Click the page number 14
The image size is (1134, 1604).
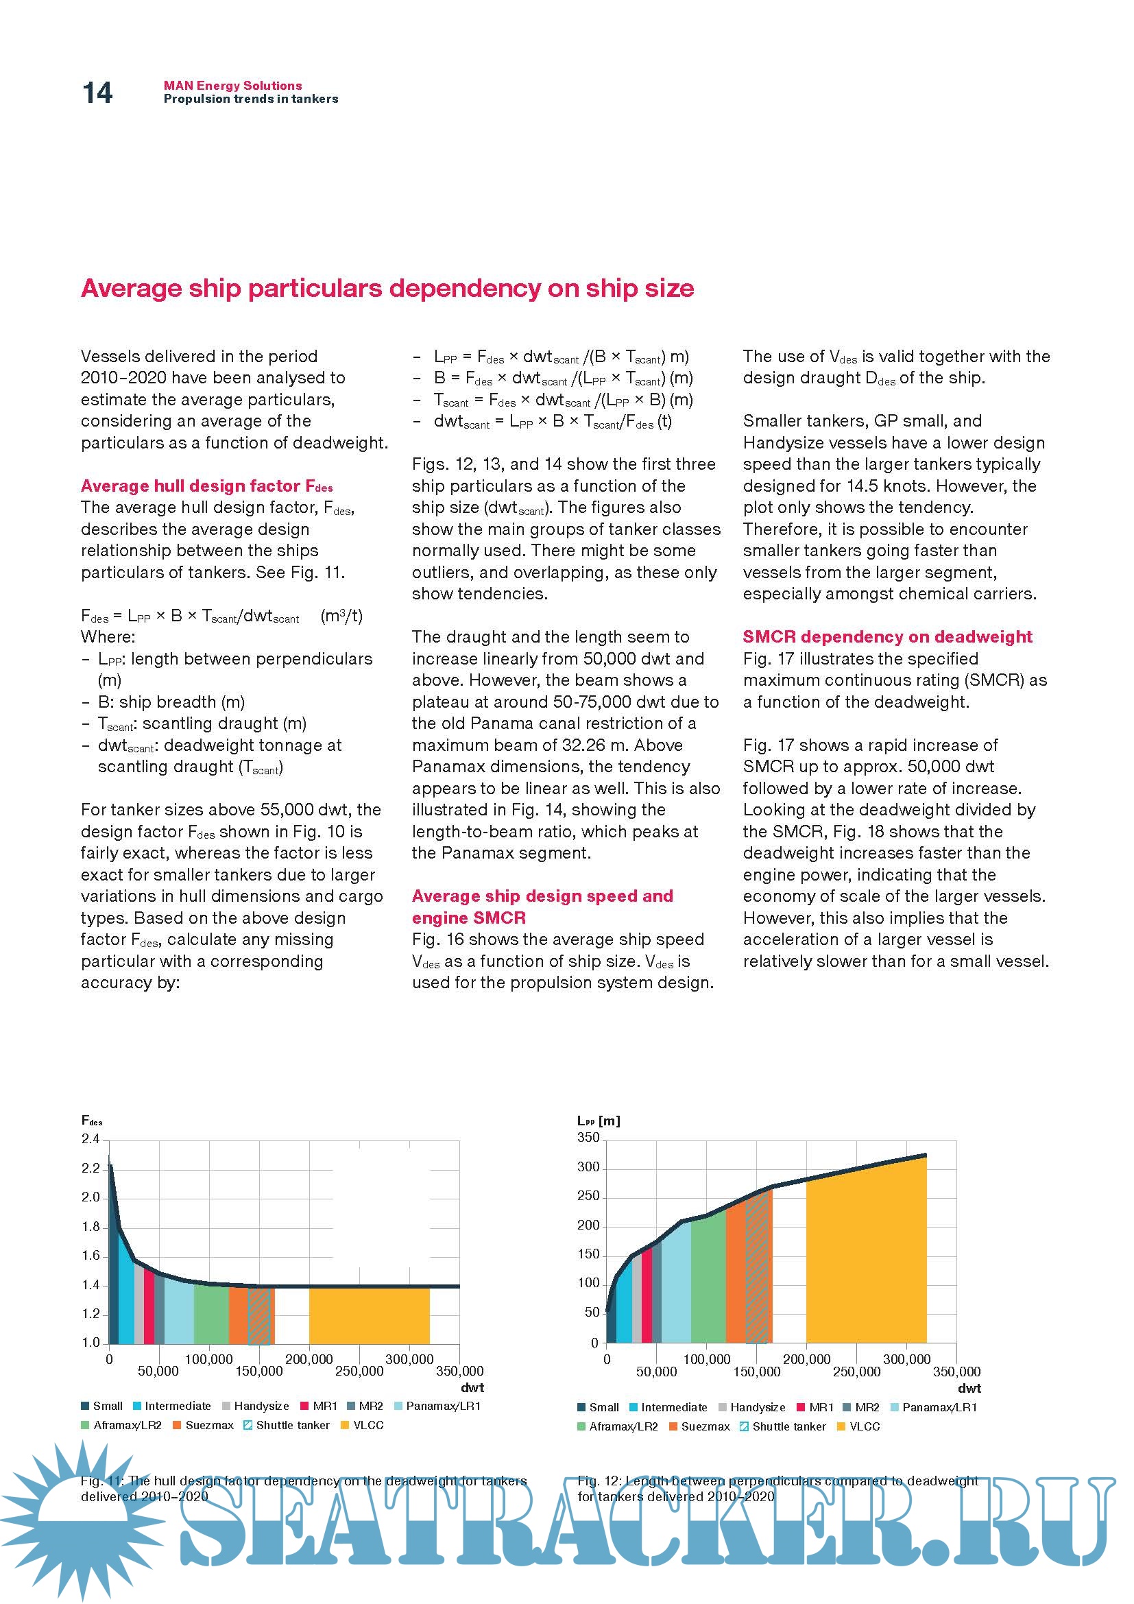pyautogui.click(x=97, y=93)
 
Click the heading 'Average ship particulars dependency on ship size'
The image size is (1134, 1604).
pyautogui.click(x=387, y=288)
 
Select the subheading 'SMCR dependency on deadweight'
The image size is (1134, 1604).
pyautogui.click(x=886, y=636)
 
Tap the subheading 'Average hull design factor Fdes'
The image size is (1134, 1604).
pyautogui.click(x=206, y=486)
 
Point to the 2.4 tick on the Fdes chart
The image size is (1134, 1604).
pyautogui.click(x=91, y=1140)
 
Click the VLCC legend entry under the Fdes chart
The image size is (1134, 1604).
pyautogui.click(x=363, y=1425)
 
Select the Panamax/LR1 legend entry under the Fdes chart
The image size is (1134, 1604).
pyautogui.click(x=438, y=1406)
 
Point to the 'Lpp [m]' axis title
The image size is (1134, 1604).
pyautogui.click(x=599, y=1121)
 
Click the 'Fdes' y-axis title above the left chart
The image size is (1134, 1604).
pyautogui.click(x=91, y=1121)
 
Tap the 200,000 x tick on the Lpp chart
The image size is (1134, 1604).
pyautogui.click(x=806, y=1359)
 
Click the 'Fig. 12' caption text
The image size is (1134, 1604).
pyautogui.click(x=777, y=1488)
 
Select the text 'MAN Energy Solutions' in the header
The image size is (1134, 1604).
pyautogui.click(x=232, y=85)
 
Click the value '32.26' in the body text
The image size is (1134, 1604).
pyautogui.click(x=583, y=745)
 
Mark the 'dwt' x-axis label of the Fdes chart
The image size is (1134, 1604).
pyautogui.click(x=472, y=1387)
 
